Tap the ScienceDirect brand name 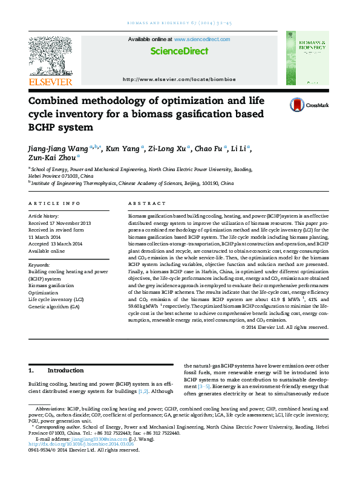tap(178, 51)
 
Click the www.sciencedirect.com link tap(202, 39)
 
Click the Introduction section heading tap(65, 371)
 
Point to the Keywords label tap(39, 265)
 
